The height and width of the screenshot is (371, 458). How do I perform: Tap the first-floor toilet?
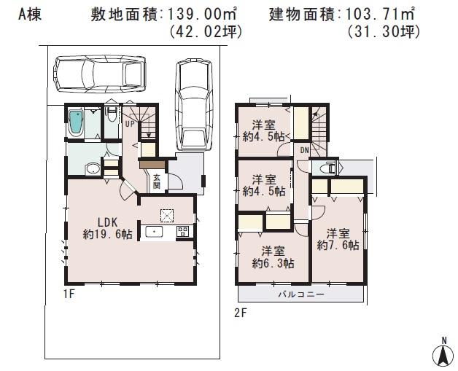click(x=109, y=116)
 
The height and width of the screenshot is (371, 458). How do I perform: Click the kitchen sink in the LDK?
click(x=155, y=232)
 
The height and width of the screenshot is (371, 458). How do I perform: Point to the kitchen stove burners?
click(x=182, y=232)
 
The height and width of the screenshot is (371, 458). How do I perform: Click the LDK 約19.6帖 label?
click(x=107, y=228)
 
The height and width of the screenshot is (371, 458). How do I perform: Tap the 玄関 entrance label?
click(x=156, y=180)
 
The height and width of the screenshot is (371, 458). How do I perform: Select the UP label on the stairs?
click(x=129, y=123)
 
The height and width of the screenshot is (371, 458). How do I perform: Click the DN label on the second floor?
click(x=304, y=151)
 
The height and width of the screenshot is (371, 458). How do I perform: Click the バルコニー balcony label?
click(x=300, y=296)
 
